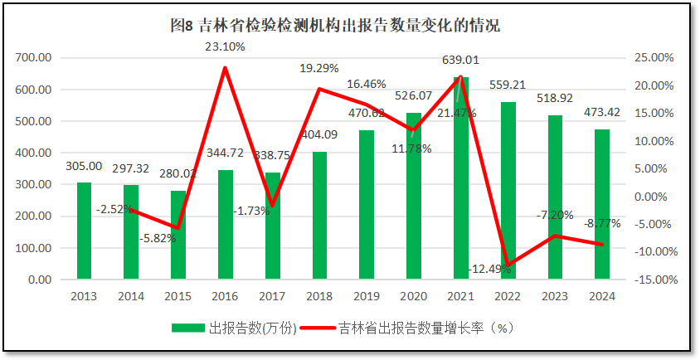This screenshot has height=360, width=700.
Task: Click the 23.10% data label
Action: (225, 46)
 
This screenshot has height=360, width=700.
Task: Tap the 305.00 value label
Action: (84, 166)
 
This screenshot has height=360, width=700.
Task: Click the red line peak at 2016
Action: (225, 68)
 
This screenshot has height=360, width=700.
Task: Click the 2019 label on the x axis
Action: (367, 296)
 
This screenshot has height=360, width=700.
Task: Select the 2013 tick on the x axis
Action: (84, 296)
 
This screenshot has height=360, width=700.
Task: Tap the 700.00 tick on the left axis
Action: (33, 58)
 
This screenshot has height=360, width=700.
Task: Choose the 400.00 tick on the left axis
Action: (33, 153)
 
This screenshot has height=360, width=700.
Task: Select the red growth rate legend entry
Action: (414, 328)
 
